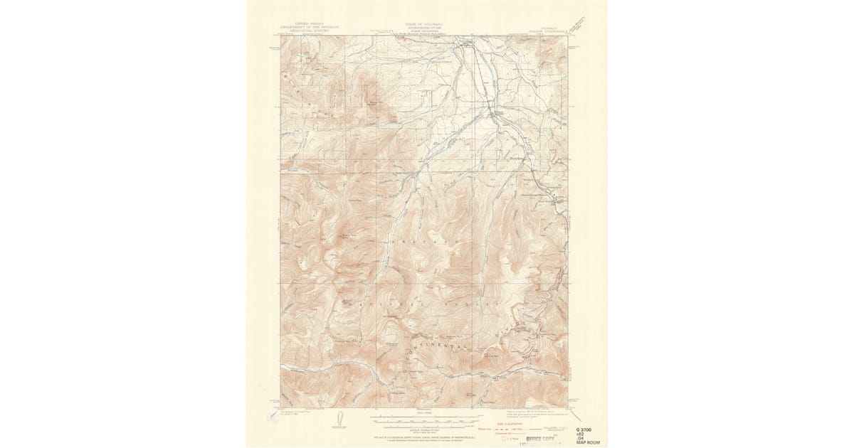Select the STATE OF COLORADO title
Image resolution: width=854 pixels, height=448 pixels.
point(423,23)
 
